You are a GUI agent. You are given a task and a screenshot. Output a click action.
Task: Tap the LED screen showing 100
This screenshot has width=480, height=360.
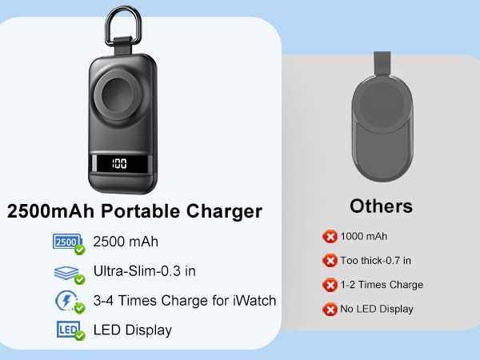coord(120,164)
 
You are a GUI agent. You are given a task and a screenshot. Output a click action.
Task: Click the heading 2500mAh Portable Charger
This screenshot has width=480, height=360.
coord(134,212)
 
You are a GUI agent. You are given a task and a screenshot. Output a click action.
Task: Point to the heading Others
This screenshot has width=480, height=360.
coord(381,206)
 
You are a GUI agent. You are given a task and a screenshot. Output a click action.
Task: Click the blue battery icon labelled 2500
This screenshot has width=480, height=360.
coord(67,241)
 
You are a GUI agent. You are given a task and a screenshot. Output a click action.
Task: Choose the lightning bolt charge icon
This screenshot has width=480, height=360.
coord(67,301)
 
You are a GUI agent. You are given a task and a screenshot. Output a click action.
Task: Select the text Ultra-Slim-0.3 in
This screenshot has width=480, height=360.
coord(144,271)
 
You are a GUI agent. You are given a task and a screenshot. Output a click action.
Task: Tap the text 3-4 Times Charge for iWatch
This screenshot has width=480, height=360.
coord(184,301)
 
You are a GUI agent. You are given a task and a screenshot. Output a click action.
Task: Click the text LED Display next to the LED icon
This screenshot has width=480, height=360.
coord(132,330)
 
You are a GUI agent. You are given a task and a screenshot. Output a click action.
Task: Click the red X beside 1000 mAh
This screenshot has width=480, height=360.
coord(330,236)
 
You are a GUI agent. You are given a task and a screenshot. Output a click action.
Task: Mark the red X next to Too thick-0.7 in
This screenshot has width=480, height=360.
coord(330,260)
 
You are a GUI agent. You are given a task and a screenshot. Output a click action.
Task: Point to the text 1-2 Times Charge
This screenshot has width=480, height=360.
coord(382,285)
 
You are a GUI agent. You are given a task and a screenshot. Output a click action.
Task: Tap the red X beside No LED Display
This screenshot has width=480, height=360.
coord(330,309)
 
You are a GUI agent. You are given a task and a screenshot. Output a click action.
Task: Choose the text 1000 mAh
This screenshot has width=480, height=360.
coord(365,236)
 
